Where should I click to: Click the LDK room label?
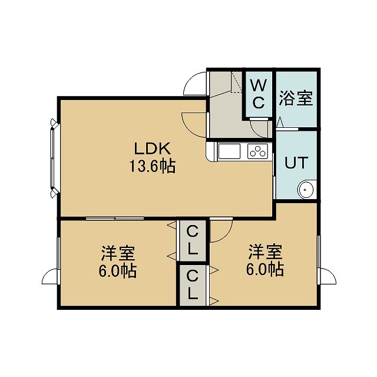point(153,148)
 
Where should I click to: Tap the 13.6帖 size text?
point(153,166)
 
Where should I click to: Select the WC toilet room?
point(259,94)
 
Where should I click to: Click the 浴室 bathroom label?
point(296,98)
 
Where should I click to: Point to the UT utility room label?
point(296,163)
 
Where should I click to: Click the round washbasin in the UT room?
point(306,190)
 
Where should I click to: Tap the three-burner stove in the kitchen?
point(258,151)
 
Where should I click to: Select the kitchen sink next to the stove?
point(229,151)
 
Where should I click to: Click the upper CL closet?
point(193,241)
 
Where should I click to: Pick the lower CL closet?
point(193,285)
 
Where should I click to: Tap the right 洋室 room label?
point(265,252)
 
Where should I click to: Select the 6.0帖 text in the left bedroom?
point(118,271)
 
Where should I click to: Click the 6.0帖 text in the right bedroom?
point(265,270)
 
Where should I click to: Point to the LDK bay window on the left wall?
point(54,158)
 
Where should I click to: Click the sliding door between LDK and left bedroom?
point(115,219)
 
